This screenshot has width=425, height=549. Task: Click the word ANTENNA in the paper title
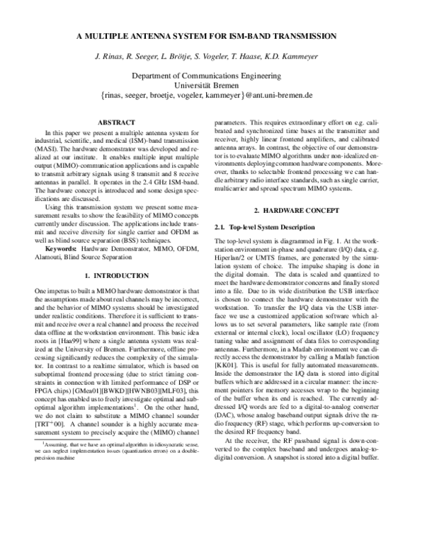[158, 35]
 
